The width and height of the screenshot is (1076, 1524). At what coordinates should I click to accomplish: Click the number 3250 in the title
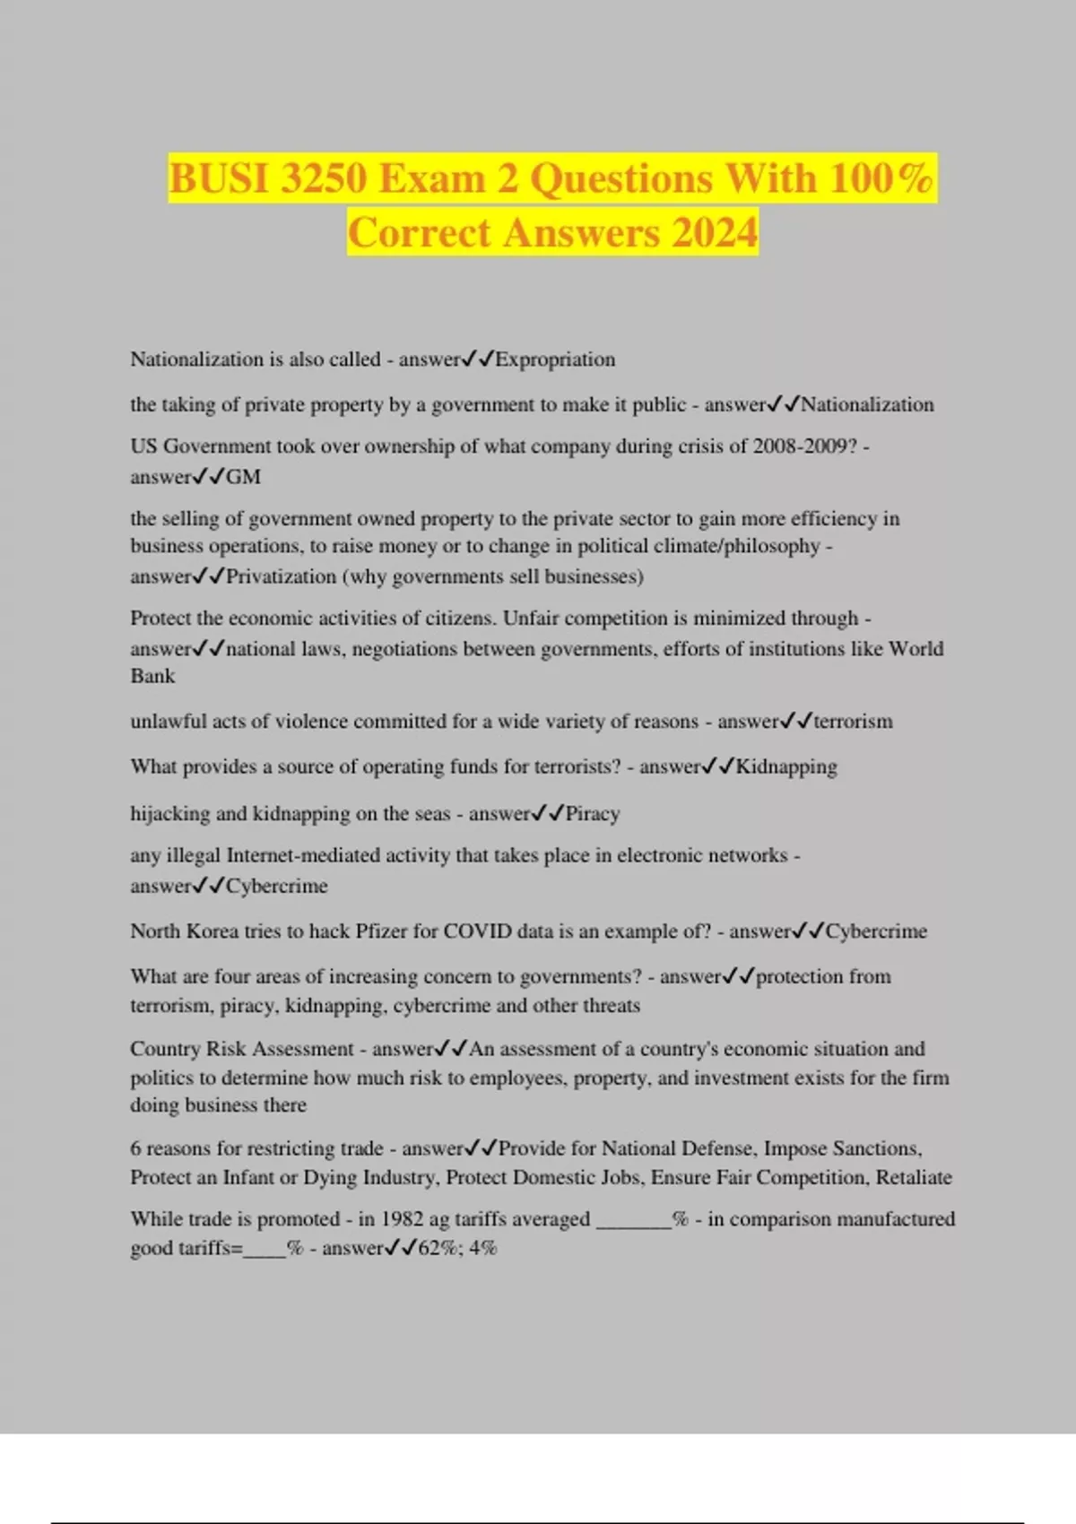[323, 178]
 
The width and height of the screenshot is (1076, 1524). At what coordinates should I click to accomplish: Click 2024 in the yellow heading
[714, 233]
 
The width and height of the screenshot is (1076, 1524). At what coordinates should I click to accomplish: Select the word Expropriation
[555, 359]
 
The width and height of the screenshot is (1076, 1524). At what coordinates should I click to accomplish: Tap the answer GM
[243, 477]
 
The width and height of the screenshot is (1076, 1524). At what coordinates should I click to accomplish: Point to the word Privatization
[281, 576]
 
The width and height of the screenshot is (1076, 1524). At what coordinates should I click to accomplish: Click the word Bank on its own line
[152, 676]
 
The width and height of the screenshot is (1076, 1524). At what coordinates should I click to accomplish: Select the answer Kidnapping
[786, 767]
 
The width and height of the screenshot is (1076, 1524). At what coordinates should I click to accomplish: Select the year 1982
[403, 1219]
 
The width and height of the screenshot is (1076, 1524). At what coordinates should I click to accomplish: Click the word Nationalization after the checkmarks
[867, 405]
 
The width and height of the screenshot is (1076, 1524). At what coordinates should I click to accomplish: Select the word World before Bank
[915, 649]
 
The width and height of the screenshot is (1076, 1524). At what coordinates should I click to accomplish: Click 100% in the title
[881, 178]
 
